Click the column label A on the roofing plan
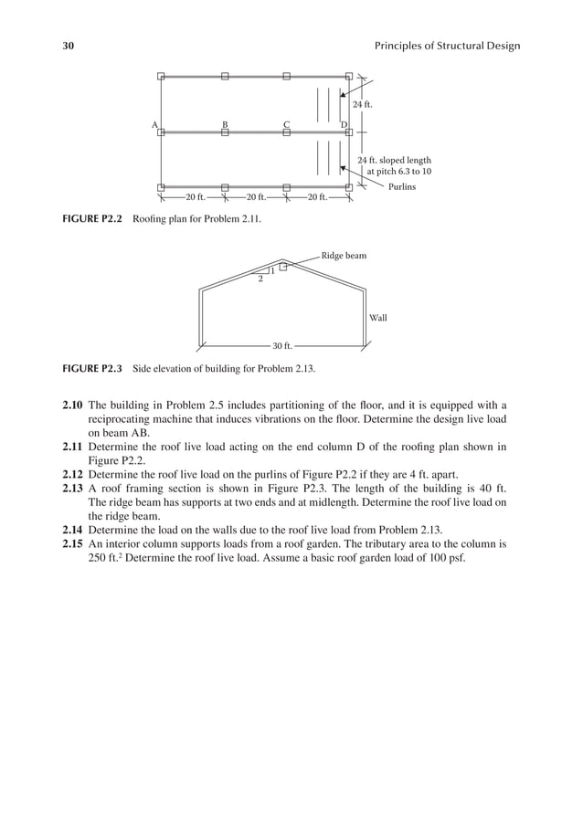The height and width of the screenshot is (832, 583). [x=155, y=124]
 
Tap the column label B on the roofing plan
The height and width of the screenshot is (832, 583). [x=225, y=124]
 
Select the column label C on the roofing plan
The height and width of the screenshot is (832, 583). [x=286, y=124]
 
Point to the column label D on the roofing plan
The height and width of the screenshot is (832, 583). [x=344, y=124]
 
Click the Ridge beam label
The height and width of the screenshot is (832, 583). [x=344, y=256]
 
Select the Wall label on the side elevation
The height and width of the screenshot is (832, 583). [x=378, y=318]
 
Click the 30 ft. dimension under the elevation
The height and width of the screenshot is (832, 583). [x=282, y=346]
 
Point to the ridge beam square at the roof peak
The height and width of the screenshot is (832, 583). [x=283, y=267]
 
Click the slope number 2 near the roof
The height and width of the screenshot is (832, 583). [x=260, y=279]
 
